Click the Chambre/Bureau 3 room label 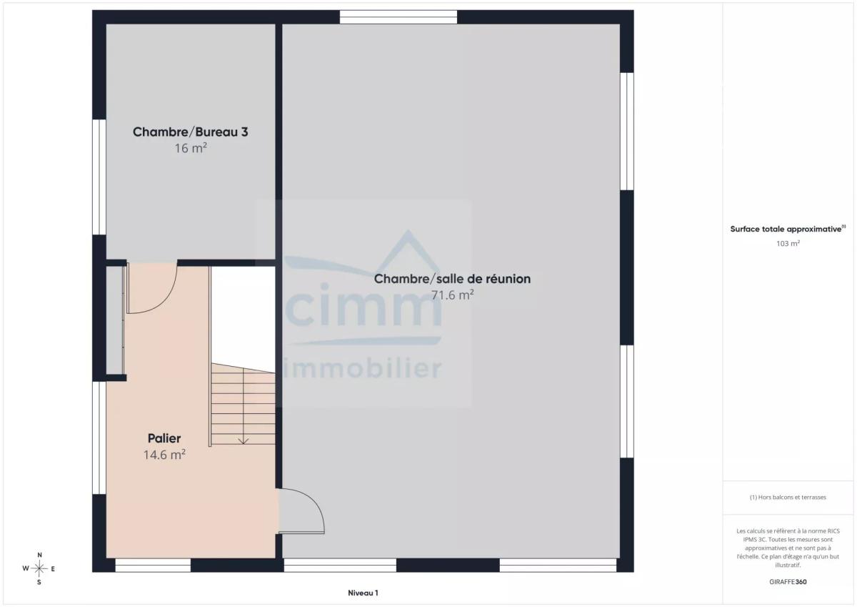[x=190, y=132]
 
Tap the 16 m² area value [x=191, y=148]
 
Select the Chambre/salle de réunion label [x=452, y=279]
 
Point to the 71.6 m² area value [x=453, y=295]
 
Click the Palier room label [x=164, y=438]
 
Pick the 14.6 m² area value [x=164, y=455]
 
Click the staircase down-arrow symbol [x=244, y=441]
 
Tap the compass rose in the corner [x=39, y=568]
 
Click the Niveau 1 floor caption [x=363, y=593]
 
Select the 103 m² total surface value [x=788, y=243]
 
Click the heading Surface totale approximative [x=786, y=229]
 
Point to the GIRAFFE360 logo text [x=788, y=582]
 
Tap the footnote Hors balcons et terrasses [x=788, y=497]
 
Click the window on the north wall [x=399, y=17]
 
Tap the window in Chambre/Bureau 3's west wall [x=99, y=177]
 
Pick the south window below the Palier [x=153, y=566]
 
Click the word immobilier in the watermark [x=362, y=368]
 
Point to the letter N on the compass [x=39, y=555]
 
